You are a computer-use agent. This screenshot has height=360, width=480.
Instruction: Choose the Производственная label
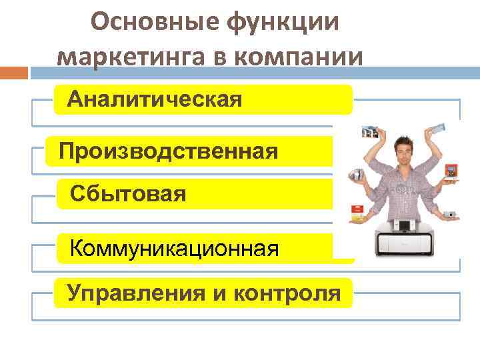168,151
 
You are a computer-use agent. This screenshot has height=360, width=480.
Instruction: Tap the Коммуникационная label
174,249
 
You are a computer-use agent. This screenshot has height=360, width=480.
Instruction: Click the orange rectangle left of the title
14,72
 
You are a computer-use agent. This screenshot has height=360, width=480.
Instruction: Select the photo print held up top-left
371,131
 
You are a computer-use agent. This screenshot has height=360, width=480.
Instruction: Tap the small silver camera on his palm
450,213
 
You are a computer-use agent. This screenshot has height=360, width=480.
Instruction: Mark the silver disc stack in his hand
355,175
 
